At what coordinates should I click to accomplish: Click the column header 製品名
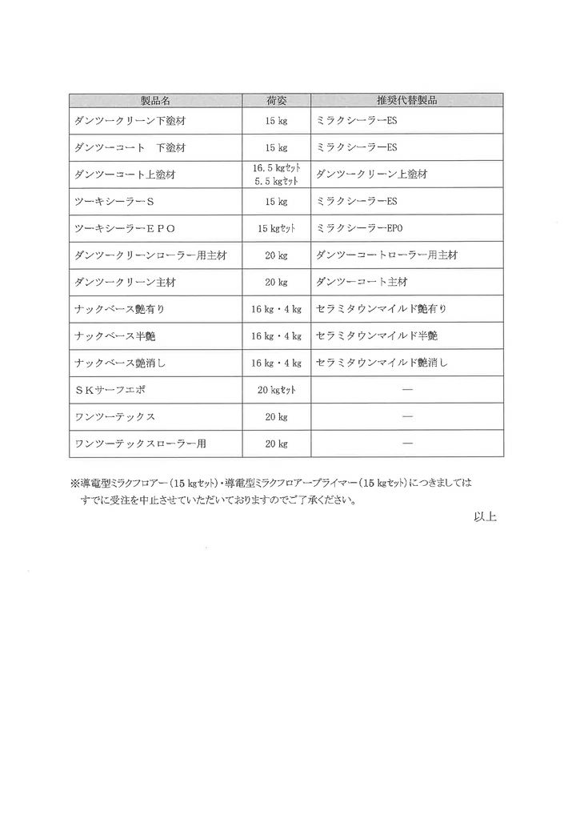[156, 101]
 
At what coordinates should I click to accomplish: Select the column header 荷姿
[277, 101]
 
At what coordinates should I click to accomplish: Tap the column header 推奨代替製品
[406, 101]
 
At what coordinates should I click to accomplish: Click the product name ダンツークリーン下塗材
[129, 121]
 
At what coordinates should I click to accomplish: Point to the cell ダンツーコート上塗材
[124, 174]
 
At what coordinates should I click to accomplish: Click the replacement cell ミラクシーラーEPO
[357, 228]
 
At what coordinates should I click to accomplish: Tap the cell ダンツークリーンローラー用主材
[150, 255]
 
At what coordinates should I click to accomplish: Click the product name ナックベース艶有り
[118, 309]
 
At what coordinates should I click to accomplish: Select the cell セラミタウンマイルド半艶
[377, 335]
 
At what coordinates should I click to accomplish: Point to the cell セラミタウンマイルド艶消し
[382, 363]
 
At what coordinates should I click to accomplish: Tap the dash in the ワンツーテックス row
[406, 416]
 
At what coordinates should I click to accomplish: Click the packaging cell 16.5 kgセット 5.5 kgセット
[277, 174]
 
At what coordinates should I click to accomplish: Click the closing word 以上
[486, 518]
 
